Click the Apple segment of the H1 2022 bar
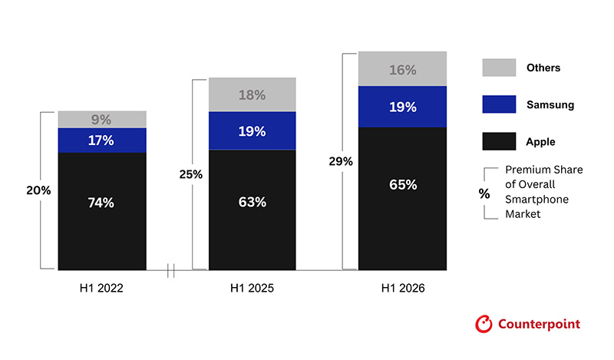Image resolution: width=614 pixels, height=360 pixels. (102, 211)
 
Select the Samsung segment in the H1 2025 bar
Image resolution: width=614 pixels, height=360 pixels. (253, 130)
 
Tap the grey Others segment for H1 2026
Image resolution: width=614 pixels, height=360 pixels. (402, 68)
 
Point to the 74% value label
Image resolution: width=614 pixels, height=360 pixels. (101, 203)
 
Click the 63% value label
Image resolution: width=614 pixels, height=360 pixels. (253, 202)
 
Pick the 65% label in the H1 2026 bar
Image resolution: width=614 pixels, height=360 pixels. (403, 184)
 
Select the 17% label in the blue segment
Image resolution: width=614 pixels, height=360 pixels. (101, 140)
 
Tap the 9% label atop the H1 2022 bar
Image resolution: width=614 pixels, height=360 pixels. (101, 120)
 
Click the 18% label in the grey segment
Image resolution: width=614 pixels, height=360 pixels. (253, 95)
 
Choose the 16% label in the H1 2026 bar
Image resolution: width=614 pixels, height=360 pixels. (402, 70)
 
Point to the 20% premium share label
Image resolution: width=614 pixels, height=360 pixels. (38, 190)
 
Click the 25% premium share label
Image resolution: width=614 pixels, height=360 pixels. (190, 174)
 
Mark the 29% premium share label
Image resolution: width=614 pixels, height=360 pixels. (341, 161)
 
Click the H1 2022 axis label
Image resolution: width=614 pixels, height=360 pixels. (101, 289)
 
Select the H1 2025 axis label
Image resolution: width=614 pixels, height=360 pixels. (253, 289)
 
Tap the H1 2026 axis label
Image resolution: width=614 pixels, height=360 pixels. (403, 289)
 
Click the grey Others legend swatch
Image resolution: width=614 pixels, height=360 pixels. (499, 68)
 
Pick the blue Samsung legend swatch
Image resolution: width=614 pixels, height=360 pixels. (499, 104)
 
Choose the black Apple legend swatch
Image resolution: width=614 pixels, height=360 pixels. (499, 141)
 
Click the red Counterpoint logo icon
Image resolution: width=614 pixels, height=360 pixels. (484, 324)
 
